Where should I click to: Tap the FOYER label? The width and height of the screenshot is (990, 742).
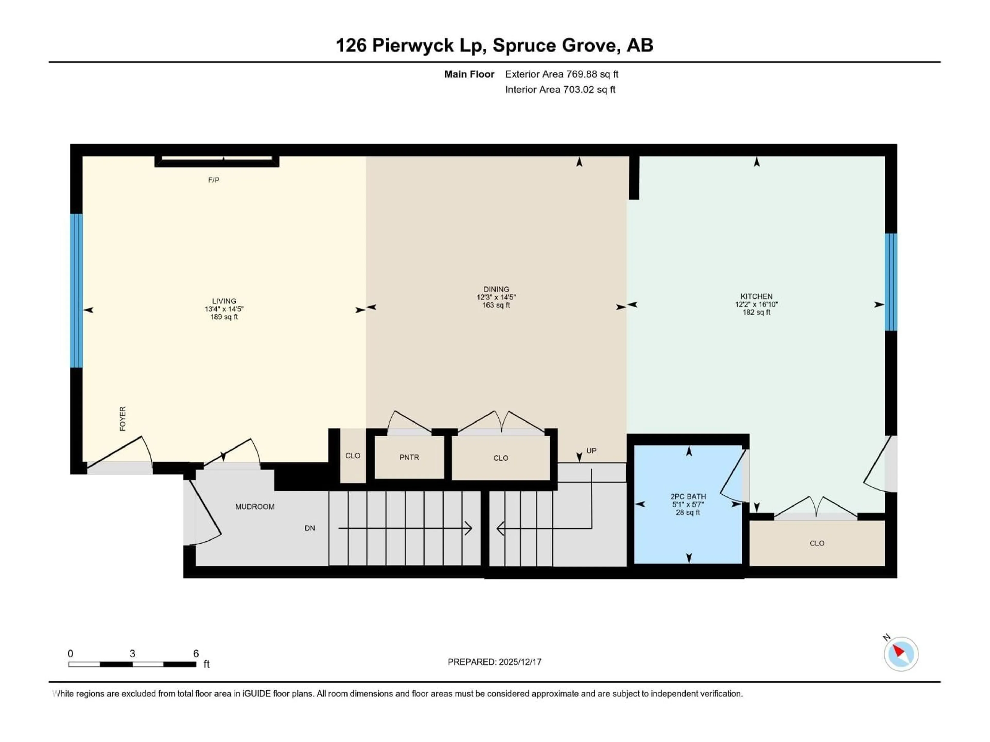tap(123, 419)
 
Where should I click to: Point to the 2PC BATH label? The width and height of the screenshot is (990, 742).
tap(688, 496)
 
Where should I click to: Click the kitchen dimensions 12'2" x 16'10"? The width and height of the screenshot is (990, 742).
tap(756, 304)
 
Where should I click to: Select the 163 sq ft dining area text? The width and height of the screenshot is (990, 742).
tap(496, 305)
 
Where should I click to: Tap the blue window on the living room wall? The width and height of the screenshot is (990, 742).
tap(77, 291)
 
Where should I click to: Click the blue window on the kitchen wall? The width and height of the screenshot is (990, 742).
tap(891, 282)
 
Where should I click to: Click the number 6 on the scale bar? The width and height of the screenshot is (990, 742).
tap(196, 653)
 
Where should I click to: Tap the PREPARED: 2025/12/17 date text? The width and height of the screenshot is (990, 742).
tap(494, 662)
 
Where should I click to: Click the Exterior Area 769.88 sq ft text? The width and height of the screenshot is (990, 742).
tap(562, 74)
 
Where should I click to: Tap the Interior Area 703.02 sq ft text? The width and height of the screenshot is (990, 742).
tap(560, 89)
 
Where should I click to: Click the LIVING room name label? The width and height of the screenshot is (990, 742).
tap(224, 301)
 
